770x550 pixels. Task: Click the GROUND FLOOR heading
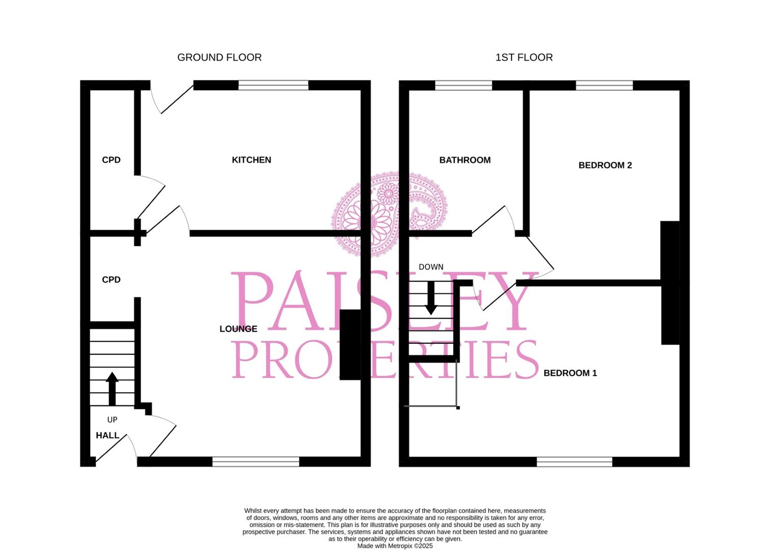(x=219, y=58)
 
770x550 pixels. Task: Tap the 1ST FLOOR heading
(x=524, y=58)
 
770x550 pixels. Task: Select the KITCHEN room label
(x=251, y=160)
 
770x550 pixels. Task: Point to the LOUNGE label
(x=238, y=329)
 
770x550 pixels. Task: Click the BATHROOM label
(x=465, y=160)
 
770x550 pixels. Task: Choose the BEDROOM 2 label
(x=605, y=165)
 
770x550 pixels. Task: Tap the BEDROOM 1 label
(x=570, y=373)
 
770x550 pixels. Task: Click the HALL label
(x=108, y=435)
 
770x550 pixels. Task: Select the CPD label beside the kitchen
(x=112, y=160)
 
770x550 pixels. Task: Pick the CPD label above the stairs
(x=112, y=280)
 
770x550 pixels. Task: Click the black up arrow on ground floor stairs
(x=112, y=389)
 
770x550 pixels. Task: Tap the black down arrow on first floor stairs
(x=431, y=298)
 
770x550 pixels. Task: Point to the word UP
(x=113, y=420)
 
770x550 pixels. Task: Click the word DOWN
(x=431, y=267)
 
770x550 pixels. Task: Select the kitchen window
(x=273, y=85)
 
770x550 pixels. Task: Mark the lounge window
(x=256, y=462)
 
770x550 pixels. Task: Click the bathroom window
(x=464, y=85)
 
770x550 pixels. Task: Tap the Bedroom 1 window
(x=574, y=462)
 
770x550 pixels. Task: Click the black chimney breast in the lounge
(x=350, y=345)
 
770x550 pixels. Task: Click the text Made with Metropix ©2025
(x=395, y=546)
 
